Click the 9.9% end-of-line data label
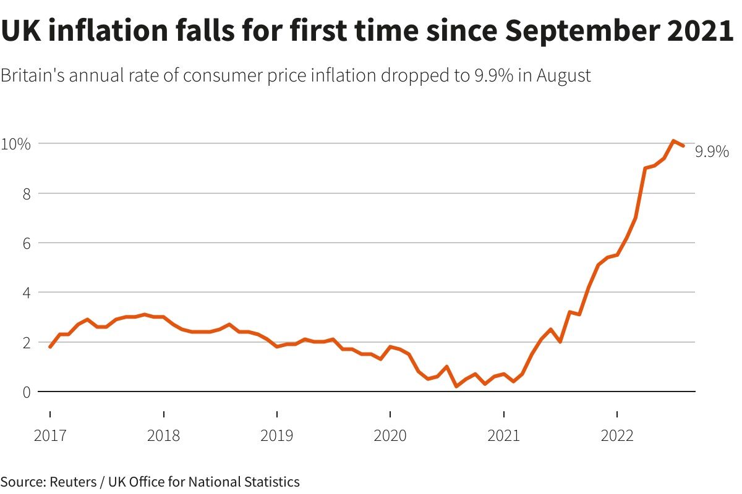pos(712,152)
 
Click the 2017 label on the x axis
pos(50,437)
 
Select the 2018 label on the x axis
pos(163,437)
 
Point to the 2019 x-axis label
pos(277,437)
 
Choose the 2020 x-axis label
pos(390,437)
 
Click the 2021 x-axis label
pos(504,437)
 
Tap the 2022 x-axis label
pos(617,437)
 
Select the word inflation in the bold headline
pos(112,31)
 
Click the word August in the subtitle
pos(564,77)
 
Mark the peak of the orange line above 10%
pos(673,141)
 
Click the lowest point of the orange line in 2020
pos(456,387)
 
